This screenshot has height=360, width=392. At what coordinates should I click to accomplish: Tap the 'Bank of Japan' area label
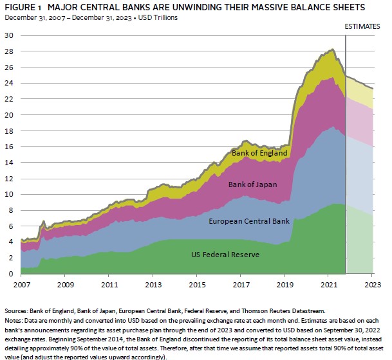tap(253, 184)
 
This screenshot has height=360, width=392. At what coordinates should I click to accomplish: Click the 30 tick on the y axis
tap(8, 35)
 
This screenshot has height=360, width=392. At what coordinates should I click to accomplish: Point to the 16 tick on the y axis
tap(8, 147)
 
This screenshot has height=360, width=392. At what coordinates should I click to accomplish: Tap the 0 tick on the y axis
tap(11, 274)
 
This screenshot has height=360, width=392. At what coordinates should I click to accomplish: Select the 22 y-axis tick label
tap(8, 99)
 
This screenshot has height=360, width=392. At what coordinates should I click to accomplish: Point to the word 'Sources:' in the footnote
tap(18, 310)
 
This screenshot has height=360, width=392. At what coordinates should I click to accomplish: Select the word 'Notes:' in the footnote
tap(15, 319)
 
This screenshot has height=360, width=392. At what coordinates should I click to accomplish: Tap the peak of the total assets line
tap(332, 50)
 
